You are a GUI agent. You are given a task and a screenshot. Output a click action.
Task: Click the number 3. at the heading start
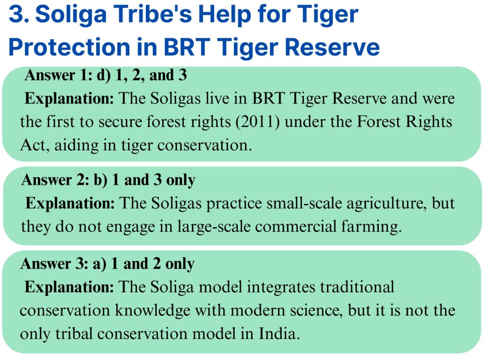[19, 14]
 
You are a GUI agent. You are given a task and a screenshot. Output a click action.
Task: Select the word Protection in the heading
[70, 47]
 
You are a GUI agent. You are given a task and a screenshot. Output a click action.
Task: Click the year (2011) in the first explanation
[258, 122]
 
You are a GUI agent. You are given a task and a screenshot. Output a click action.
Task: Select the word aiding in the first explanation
[76, 145]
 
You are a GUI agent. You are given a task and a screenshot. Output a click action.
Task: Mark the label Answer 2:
[55, 180]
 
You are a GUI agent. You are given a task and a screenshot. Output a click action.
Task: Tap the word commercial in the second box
[296, 226]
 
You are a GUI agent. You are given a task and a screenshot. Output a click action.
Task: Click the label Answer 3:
[54, 263]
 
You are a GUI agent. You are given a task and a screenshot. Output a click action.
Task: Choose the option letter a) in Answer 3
[99, 264]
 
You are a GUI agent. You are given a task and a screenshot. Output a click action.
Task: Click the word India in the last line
[279, 334]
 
